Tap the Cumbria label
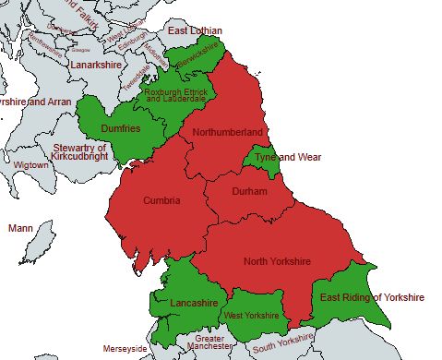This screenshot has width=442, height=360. point(161,200)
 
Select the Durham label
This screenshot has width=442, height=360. point(249,191)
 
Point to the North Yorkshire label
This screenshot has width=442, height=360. point(277,261)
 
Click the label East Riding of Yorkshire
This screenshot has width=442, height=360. point(371,297)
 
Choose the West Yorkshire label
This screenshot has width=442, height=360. point(251,316)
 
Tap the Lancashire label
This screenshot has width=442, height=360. point(194,303)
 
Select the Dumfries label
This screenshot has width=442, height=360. point(121,129)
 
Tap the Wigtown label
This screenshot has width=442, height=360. point(30,165)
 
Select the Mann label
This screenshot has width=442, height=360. point(19,227)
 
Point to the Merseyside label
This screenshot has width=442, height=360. point(125,349)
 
